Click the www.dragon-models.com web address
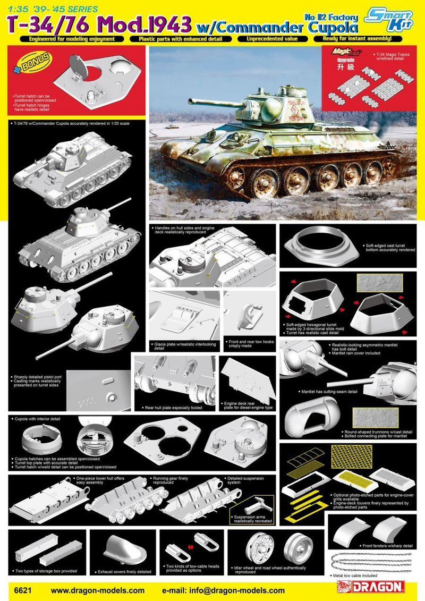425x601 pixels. pos(97,590)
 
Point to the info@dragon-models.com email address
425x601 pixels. pos(223,590)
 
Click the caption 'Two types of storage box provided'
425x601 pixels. pos(46,571)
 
